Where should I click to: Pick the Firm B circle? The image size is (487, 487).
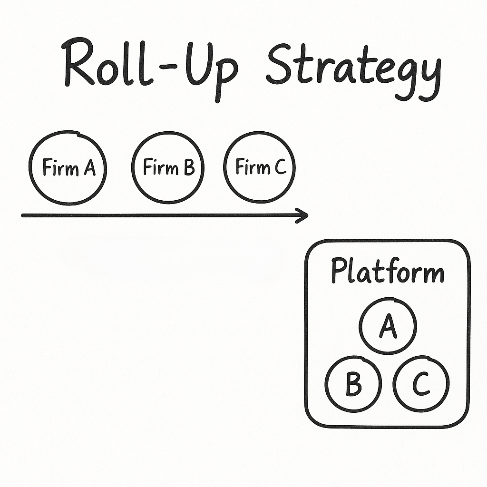(168, 168)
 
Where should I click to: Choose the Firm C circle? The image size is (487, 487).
(260, 167)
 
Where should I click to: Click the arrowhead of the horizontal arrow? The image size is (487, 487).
(302, 215)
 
